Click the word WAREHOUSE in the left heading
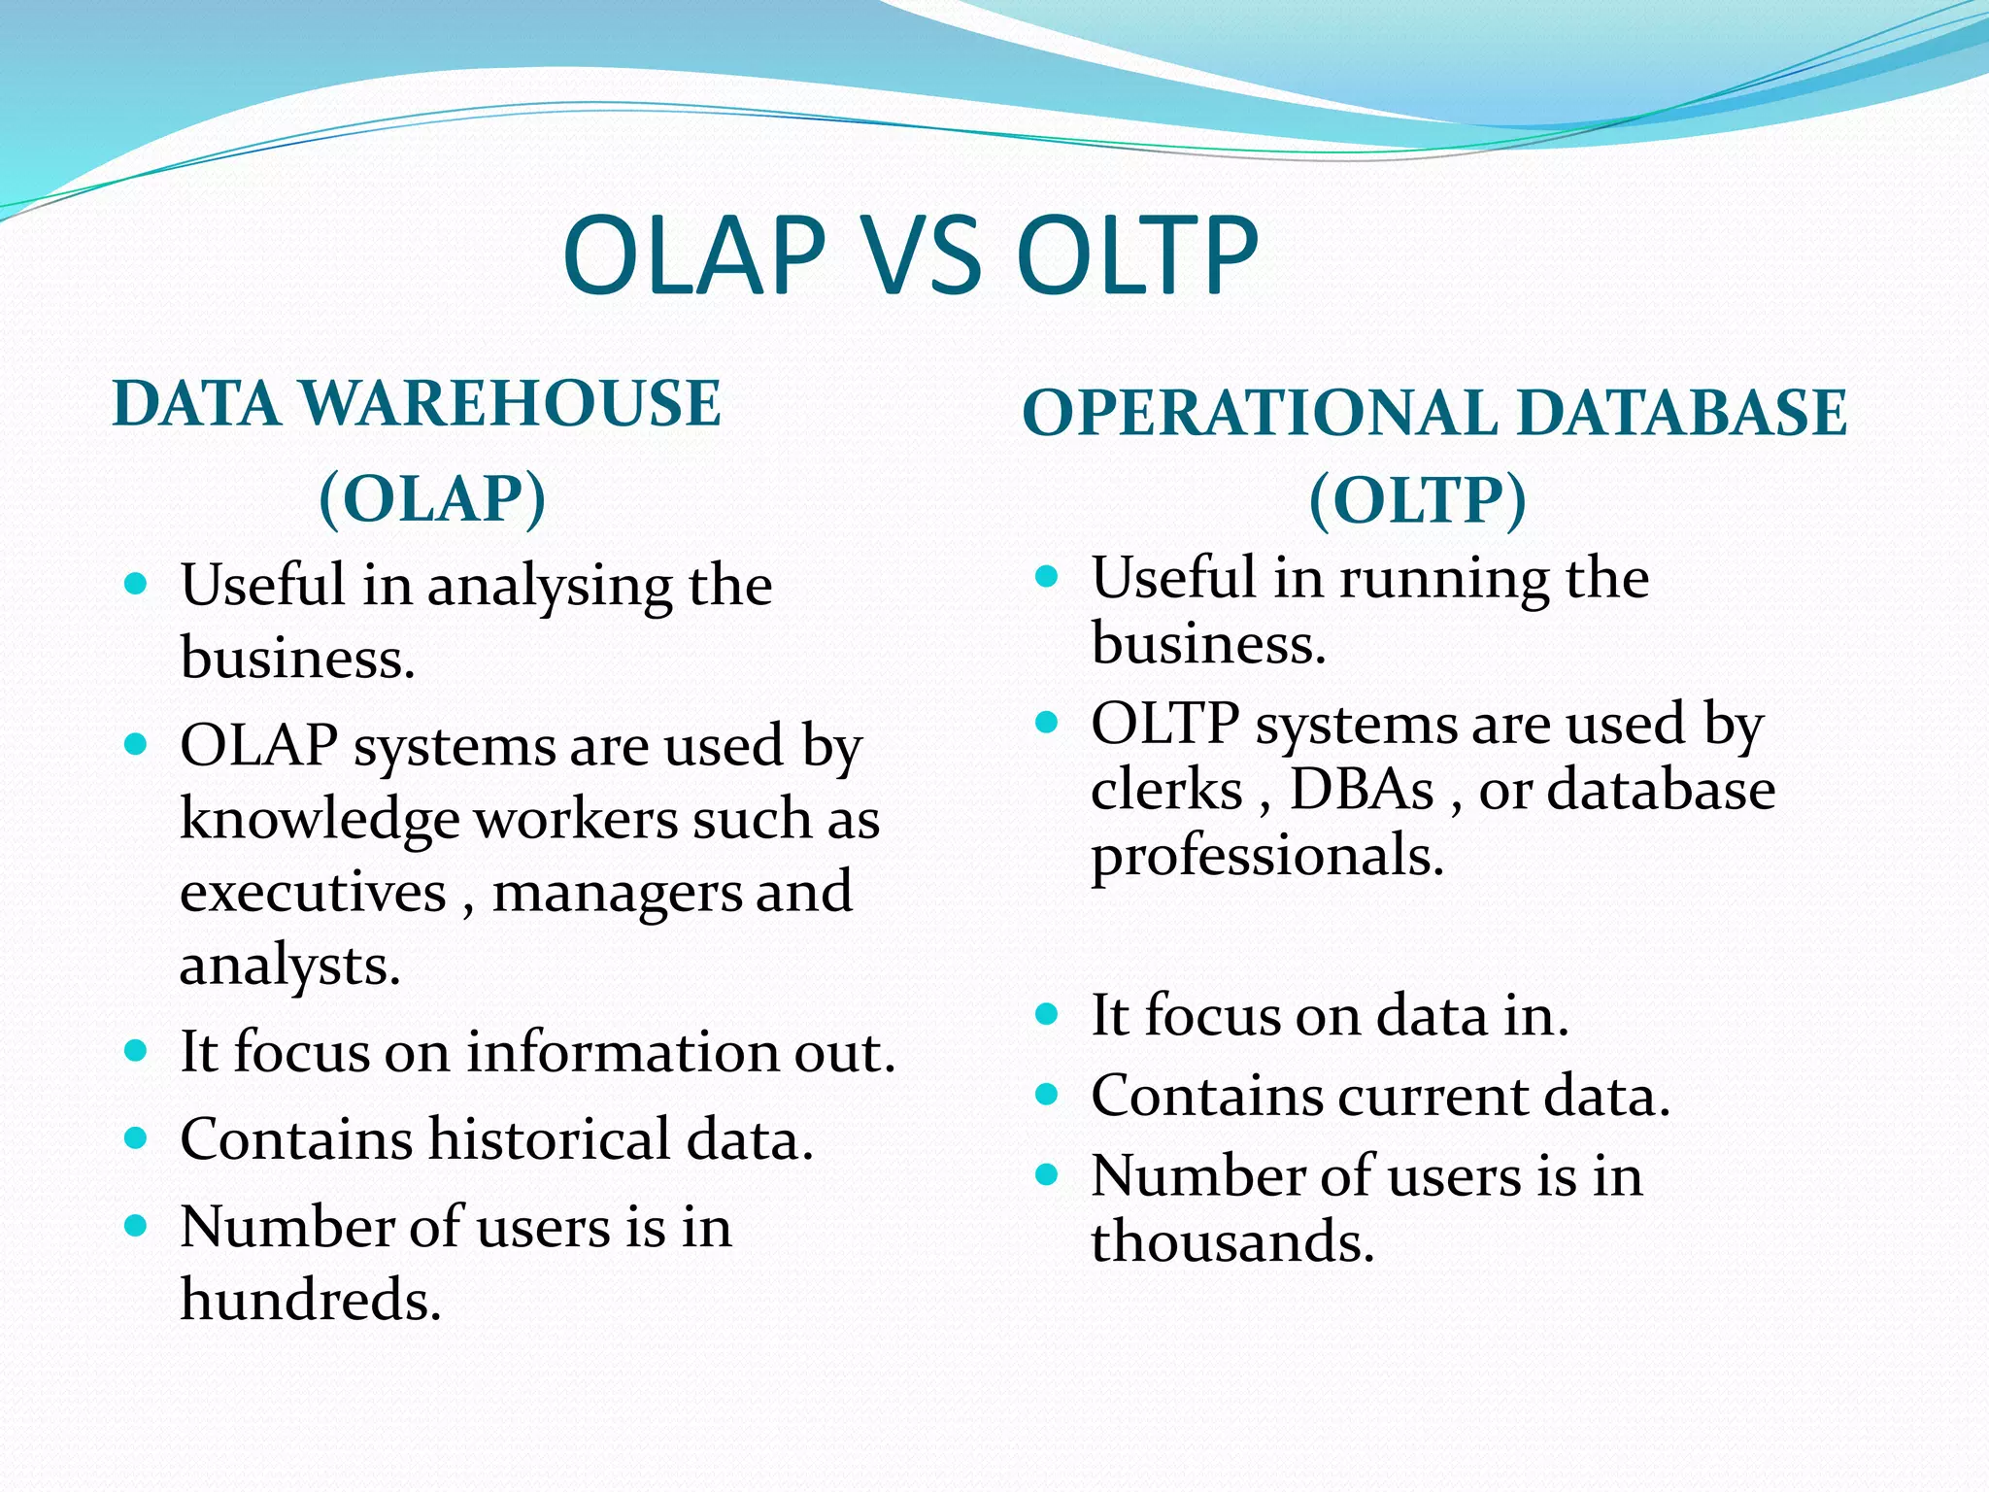(x=510, y=404)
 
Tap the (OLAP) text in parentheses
(x=432, y=498)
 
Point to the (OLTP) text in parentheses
(x=1418, y=500)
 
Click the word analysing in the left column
(x=550, y=587)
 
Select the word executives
(x=313, y=892)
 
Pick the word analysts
(x=289, y=966)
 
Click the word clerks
(x=1166, y=789)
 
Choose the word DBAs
(x=1361, y=789)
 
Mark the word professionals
(x=1267, y=857)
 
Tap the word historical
(x=549, y=1139)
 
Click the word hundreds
(x=311, y=1300)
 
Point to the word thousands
(x=1232, y=1241)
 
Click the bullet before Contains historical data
(x=136, y=1137)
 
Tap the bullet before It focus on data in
(x=1046, y=1015)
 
